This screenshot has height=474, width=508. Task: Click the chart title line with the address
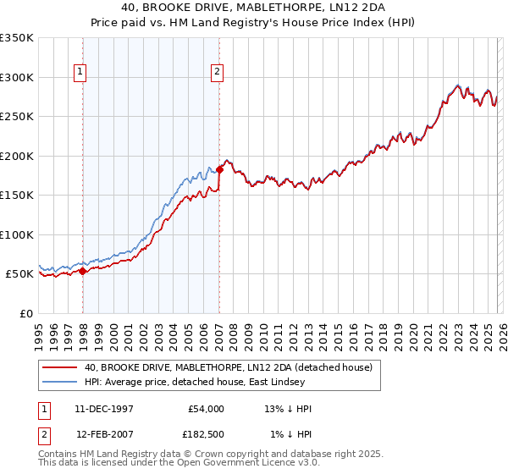254,7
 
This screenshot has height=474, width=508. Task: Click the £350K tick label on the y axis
17,38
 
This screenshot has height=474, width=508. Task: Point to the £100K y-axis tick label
17,234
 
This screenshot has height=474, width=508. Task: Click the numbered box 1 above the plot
80,73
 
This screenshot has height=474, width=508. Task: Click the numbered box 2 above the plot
218,73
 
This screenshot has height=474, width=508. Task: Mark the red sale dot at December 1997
83,271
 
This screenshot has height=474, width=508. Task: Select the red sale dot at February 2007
219,169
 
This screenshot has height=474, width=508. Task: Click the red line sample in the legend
59,367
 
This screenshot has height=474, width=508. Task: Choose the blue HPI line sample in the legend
59,382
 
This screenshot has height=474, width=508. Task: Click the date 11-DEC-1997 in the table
104,409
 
